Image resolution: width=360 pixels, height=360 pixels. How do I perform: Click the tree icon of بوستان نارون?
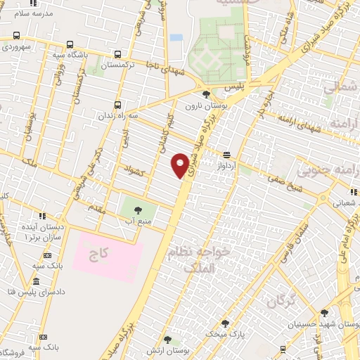point(205,94)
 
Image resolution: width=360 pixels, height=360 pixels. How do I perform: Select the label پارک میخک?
point(224,335)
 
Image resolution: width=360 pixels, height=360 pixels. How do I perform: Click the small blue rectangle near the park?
point(176,37)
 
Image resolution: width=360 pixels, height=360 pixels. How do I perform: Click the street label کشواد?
point(133,169)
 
